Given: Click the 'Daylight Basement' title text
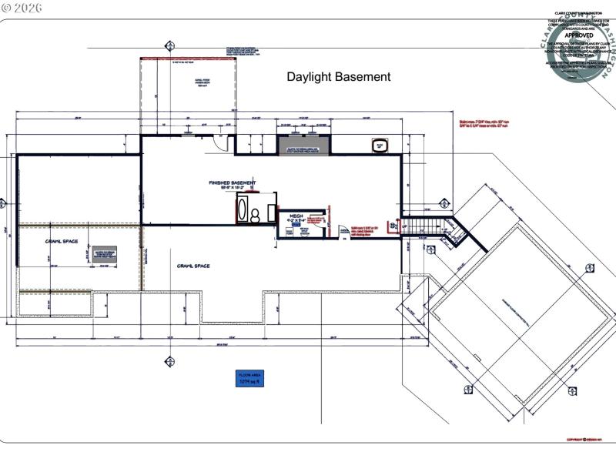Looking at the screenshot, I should tap(338, 77).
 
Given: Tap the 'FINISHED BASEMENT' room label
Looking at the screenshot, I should tap(232, 184).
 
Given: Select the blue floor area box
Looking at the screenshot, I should tap(249, 378).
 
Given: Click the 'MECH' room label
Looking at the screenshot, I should tap(295, 216).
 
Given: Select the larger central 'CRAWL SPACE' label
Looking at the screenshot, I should tap(192, 266).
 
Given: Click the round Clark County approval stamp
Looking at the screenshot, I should tap(581, 50).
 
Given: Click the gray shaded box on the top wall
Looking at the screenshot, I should tap(303, 145).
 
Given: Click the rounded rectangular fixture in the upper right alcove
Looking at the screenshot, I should tap(380, 145).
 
